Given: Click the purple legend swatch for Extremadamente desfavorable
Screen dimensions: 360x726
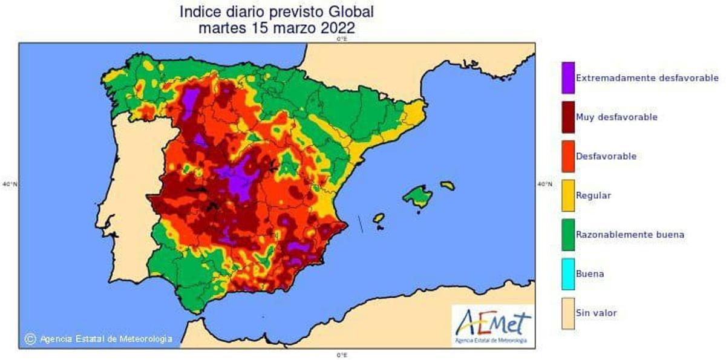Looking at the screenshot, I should coord(568,78).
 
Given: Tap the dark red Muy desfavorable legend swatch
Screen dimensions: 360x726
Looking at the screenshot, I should coord(568,117).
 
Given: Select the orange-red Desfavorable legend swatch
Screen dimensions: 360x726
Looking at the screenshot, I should coord(568,156).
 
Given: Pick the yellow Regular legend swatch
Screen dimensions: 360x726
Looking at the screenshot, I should coord(568,195).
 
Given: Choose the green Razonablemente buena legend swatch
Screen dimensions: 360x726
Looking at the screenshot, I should coord(568,234).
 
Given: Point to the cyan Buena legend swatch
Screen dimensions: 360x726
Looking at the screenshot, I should coord(568,273).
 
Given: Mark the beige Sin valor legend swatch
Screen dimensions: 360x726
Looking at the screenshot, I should coord(568,313).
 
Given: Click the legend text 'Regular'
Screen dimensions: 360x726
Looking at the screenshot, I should coord(594,195).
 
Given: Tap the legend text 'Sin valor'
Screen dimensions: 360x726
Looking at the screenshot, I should coord(597,313).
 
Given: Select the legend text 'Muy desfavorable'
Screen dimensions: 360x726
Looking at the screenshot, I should coord(616,117).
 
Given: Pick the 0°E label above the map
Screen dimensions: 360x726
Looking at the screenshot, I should coord(342,39).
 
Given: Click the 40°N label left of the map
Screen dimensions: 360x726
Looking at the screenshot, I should coord(10,184).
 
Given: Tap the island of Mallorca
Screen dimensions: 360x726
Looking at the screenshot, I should coord(417,197).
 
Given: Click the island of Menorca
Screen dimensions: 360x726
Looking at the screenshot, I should coord(447,185).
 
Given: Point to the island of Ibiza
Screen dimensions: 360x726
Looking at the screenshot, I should coord(379,217).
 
